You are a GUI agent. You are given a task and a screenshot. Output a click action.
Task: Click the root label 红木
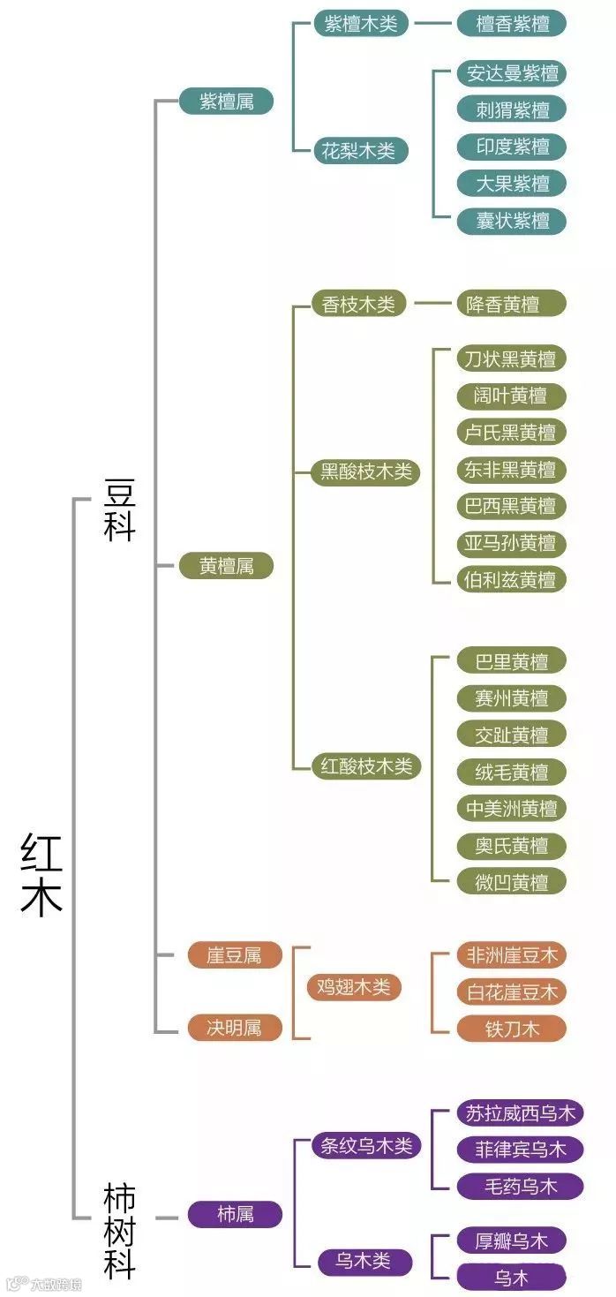pyautogui.click(x=41, y=873)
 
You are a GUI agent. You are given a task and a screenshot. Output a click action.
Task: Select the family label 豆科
pyautogui.click(x=119, y=510)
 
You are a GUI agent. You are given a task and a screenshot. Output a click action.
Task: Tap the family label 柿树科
pyautogui.click(x=119, y=1232)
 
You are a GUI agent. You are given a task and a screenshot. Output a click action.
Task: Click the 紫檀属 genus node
pyautogui.click(x=226, y=102)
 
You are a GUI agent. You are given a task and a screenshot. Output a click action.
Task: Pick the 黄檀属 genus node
pyautogui.click(x=226, y=566)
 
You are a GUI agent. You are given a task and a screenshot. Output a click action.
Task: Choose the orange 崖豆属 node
pyautogui.click(x=234, y=955)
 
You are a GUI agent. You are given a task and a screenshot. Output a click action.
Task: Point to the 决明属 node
pyautogui.click(x=234, y=1028)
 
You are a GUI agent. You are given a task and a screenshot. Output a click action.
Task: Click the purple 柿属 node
pyautogui.click(x=235, y=1214)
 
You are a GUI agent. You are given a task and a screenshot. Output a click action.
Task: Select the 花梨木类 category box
pyautogui.click(x=361, y=150)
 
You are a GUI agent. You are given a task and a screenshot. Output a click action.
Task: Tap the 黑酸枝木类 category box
pyautogui.click(x=365, y=472)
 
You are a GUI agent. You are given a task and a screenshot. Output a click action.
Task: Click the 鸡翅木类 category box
pyautogui.click(x=353, y=987)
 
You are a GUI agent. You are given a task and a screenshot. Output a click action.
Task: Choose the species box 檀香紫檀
pyautogui.click(x=511, y=24)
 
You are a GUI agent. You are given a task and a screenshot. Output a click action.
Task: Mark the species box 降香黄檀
pyautogui.click(x=511, y=305)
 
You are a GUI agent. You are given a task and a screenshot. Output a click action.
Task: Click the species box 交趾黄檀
pyautogui.click(x=511, y=735)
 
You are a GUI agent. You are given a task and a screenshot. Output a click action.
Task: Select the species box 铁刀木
pyautogui.click(x=511, y=1029)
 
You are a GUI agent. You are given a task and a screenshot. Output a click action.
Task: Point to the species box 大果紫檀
pyautogui.click(x=511, y=184)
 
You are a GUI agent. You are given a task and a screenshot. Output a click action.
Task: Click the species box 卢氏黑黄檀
pyautogui.click(x=511, y=433)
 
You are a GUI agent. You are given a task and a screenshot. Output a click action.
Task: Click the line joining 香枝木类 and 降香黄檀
pyautogui.click(x=435, y=305)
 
